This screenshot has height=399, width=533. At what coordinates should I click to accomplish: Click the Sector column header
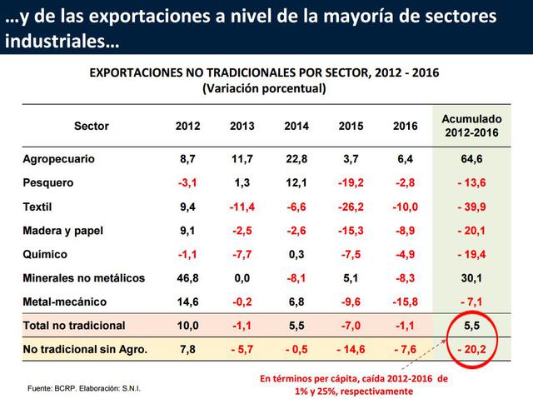tap(91, 127)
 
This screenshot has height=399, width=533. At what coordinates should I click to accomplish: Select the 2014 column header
tap(296, 127)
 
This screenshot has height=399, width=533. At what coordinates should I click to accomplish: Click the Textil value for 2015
tap(351, 207)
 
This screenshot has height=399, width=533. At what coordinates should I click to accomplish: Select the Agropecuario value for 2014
tap(296, 158)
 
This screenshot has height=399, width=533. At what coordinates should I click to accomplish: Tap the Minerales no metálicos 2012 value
tap(188, 277)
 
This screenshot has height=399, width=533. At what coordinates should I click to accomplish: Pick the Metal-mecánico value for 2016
tap(405, 302)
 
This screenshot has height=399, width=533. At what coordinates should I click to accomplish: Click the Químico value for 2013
tap(242, 254)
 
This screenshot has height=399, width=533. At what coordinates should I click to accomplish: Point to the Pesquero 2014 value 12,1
tap(296, 182)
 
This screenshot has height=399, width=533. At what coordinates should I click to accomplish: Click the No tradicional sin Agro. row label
tap(85, 350)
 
